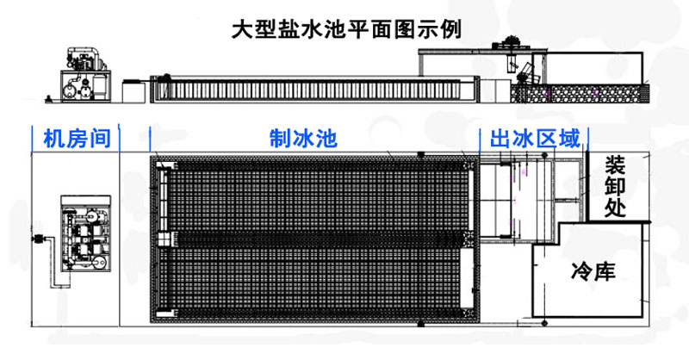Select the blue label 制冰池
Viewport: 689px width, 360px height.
(306, 138)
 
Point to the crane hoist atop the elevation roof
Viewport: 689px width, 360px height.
(507, 40)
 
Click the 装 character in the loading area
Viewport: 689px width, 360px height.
(615, 164)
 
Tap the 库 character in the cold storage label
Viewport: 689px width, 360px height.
(606, 274)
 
